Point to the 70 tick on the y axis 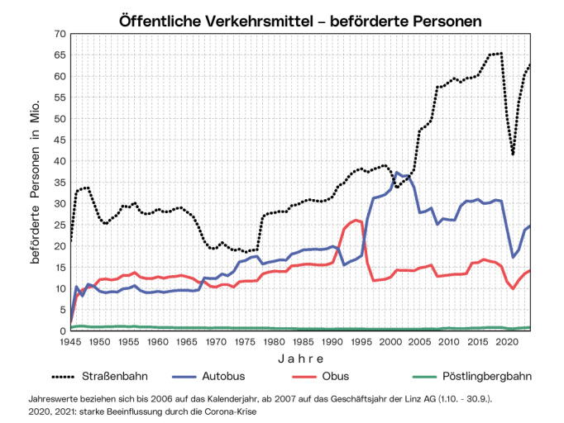tap(60, 33)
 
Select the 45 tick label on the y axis tap(60, 140)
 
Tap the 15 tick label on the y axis tap(60, 267)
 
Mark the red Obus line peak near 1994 tap(356, 220)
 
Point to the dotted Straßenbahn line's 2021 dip tap(514, 154)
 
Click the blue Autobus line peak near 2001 tap(398, 173)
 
